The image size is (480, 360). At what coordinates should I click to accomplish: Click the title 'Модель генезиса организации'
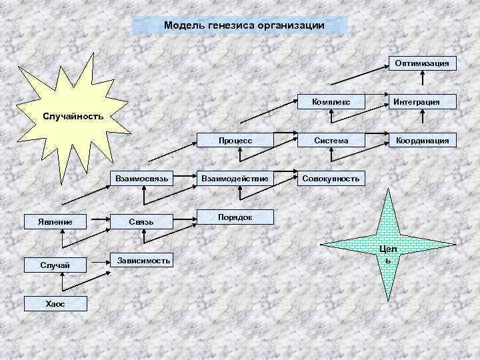pyautogui.click(x=240, y=25)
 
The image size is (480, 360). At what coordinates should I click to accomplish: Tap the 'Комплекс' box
pyautogui.click(x=331, y=101)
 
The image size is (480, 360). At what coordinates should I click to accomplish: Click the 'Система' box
pyautogui.click(x=331, y=140)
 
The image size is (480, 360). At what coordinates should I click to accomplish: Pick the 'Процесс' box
pyautogui.click(x=235, y=140)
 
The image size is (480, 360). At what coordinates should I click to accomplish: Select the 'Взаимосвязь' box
pyautogui.click(x=145, y=178)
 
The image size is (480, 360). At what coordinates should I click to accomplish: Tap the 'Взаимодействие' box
pyautogui.click(x=235, y=178)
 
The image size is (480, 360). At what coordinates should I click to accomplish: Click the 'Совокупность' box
pyautogui.click(x=331, y=178)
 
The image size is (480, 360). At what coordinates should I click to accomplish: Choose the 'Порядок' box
pyautogui.click(x=235, y=217)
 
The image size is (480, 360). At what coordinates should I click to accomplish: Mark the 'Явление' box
pyautogui.click(x=55, y=221)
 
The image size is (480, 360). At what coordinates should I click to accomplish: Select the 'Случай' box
pyautogui.click(x=55, y=265)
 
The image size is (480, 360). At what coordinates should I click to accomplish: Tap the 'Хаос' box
pyautogui.click(x=55, y=304)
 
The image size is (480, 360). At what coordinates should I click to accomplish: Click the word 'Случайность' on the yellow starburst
pyautogui.click(x=73, y=116)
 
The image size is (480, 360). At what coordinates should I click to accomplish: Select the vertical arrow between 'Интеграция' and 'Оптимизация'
pyautogui.click(x=424, y=83)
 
